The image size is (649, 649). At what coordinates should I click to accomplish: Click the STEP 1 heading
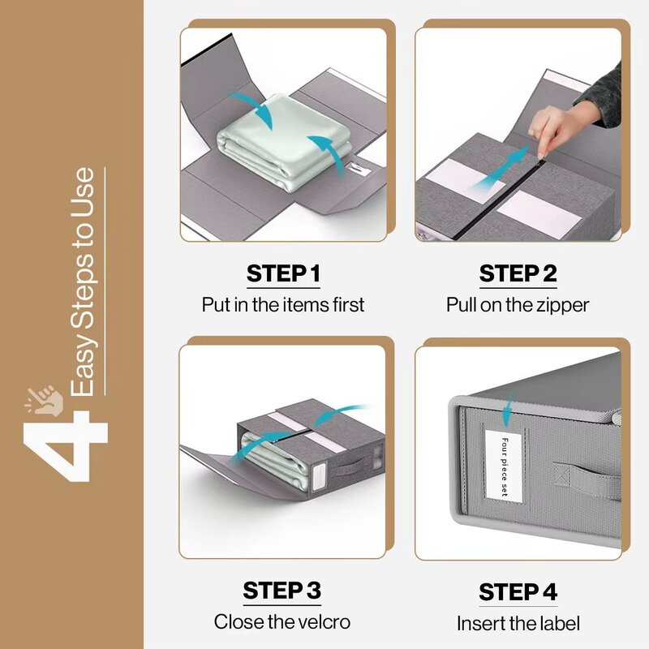point(283,273)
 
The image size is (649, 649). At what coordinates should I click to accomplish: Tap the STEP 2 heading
point(518,273)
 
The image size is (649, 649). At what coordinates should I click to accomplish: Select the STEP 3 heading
point(282,591)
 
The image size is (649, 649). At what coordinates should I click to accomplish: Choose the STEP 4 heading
point(518,592)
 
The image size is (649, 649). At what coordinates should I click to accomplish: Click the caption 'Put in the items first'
point(283,305)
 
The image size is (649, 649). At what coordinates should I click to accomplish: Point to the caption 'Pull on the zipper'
point(518,305)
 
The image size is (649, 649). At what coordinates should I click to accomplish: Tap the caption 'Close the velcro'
point(282,622)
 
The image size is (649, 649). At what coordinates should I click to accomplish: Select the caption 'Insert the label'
point(518,624)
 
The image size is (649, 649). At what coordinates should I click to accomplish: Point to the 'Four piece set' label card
point(504,466)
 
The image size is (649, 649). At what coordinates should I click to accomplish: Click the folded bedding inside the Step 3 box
point(268,462)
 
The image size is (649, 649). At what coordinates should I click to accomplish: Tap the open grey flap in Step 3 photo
point(207,471)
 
